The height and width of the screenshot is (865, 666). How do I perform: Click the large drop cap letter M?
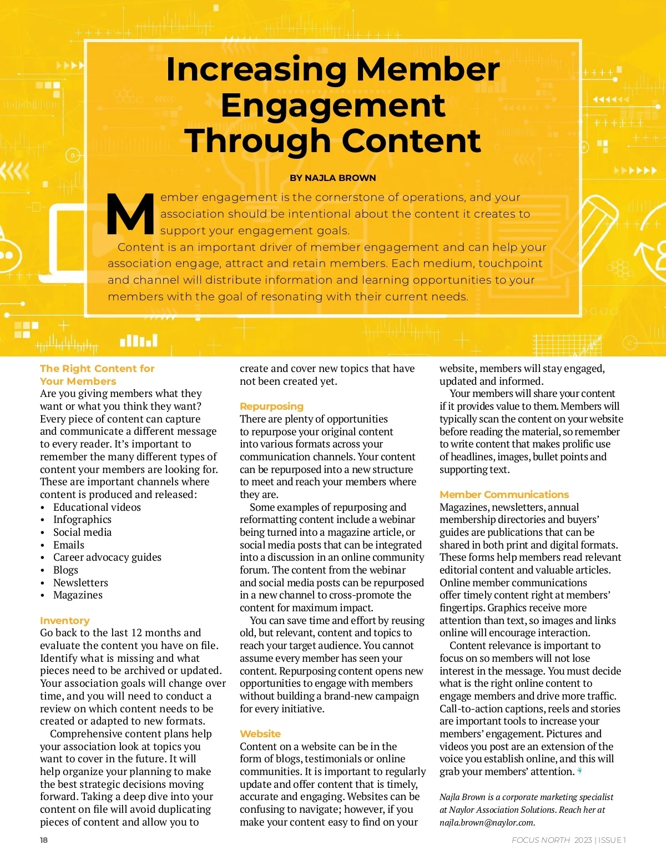[x=130, y=214]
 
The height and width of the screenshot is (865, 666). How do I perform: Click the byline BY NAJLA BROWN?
[x=332, y=178]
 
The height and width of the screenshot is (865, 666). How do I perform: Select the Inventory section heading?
[x=64, y=621]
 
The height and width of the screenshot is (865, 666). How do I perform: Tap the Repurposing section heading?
[x=271, y=406]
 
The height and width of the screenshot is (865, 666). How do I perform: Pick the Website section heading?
[x=260, y=734]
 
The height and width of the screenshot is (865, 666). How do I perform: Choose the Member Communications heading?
[x=504, y=495]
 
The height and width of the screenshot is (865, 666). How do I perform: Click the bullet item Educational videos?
[x=97, y=507]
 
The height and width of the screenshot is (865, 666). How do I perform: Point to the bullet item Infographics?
[x=82, y=520]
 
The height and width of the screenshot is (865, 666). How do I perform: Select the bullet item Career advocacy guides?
[x=107, y=557]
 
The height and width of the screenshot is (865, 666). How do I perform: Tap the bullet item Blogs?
[x=65, y=570]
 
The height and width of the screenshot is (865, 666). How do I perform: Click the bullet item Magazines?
[x=78, y=595]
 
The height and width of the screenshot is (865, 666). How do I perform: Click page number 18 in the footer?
[x=44, y=840]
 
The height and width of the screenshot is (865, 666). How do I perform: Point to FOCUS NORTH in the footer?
[x=541, y=840]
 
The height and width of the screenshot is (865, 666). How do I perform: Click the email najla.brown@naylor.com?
[x=487, y=823]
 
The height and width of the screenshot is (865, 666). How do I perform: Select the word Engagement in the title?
[x=333, y=105]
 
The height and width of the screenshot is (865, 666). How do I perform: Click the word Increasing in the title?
[x=257, y=69]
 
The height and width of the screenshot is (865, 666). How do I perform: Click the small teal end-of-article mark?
[x=580, y=771]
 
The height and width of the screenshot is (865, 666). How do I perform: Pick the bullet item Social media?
[x=82, y=532]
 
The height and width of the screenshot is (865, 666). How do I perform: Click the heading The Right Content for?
[x=97, y=369]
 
